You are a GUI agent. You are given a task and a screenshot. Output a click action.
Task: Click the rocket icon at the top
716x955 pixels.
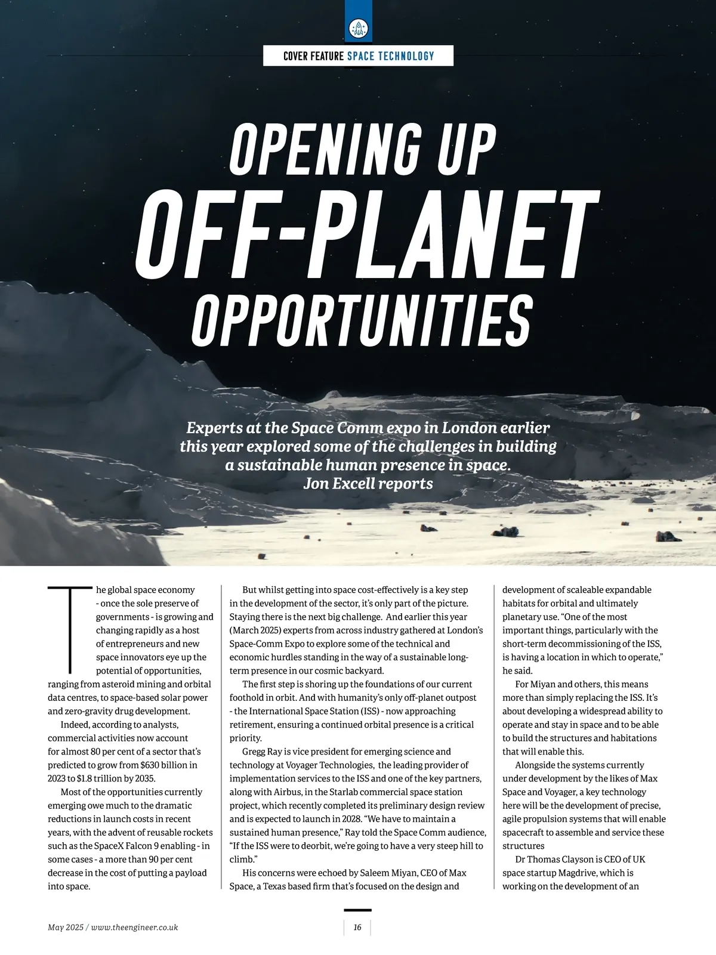(358, 27)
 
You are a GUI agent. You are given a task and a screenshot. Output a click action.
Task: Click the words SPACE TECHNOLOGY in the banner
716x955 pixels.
(391, 56)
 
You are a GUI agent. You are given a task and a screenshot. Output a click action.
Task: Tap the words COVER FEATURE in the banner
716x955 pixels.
(313, 56)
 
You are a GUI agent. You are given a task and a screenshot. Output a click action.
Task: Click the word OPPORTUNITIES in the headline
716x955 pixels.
(361, 320)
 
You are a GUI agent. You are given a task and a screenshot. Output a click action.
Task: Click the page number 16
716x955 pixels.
(357, 928)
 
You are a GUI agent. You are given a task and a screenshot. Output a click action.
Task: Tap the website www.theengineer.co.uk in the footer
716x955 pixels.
(135, 928)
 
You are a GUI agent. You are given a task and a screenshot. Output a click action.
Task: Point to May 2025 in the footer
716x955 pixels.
(66, 928)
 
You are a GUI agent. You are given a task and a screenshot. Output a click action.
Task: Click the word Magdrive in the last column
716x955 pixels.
(575, 873)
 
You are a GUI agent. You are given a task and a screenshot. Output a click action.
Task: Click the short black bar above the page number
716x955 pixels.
(357, 910)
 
